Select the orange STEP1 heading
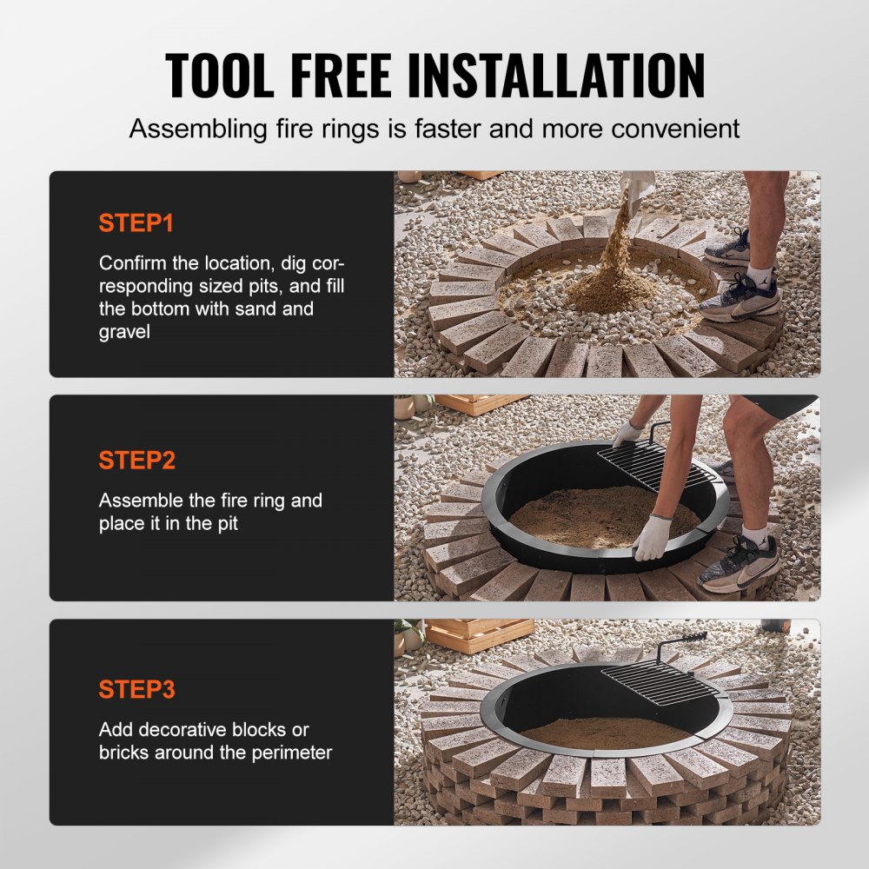click(x=136, y=223)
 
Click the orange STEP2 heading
click(x=136, y=461)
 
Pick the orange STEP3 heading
click(x=136, y=690)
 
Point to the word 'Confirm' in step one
click(x=135, y=263)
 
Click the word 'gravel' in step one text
click(x=125, y=333)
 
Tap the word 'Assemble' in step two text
click(x=139, y=501)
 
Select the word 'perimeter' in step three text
click(x=289, y=753)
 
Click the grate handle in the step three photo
click(x=693, y=641)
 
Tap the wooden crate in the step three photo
click(x=478, y=634)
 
